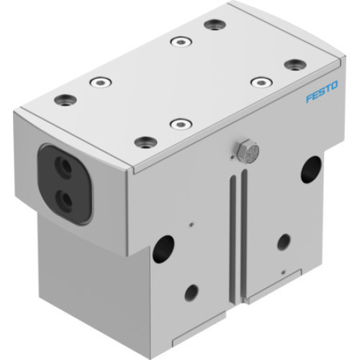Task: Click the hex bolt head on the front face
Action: coord(246,150)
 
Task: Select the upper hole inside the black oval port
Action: coord(66,168)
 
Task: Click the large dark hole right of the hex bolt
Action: coord(311,168)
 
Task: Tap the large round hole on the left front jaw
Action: coord(163,248)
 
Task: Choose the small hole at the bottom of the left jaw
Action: coord(192,292)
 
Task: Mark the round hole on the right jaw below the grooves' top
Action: coord(284,242)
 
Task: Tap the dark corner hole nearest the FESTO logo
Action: coord(295,65)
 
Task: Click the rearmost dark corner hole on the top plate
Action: coord(215,25)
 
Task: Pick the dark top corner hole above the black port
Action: coord(66,99)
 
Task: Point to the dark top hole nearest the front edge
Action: coord(146,142)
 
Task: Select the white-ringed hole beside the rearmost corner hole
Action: coord(181,41)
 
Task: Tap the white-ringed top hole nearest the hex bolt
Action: coord(181,124)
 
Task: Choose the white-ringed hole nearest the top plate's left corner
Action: coord(100,82)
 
